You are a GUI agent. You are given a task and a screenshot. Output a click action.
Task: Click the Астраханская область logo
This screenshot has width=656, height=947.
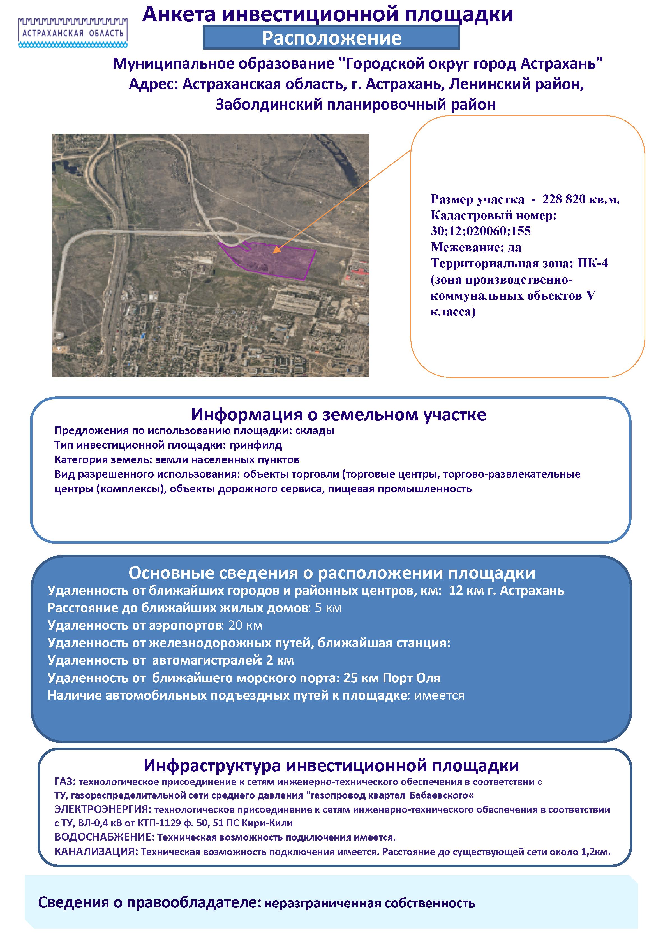click(x=73, y=32)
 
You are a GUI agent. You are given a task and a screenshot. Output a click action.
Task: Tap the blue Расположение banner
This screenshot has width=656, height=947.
click(x=331, y=38)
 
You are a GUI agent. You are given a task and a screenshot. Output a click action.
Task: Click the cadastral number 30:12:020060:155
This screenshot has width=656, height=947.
click(x=481, y=231)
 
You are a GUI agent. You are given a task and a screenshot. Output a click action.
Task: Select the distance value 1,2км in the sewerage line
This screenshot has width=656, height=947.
click(x=595, y=851)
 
